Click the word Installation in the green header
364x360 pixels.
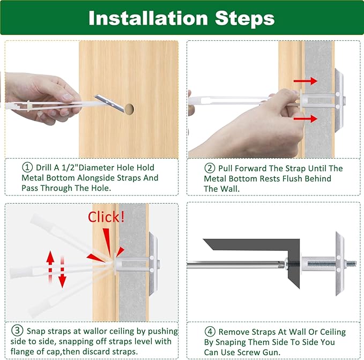(148, 18)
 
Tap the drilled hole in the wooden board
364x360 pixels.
(129, 109)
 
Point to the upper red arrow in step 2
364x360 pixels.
(306, 81)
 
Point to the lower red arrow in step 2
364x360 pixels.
(306, 119)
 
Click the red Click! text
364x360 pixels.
(106, 217)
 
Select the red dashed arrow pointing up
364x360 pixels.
(50, 267)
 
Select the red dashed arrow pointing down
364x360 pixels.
(62, 272)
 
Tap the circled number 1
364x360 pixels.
(27, 168)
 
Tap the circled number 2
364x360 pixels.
(210, 168)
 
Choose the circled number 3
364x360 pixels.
(17, 331)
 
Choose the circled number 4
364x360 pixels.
(210, 332)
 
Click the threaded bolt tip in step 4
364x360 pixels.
(352, 264)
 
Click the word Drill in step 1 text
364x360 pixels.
(44, 168)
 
